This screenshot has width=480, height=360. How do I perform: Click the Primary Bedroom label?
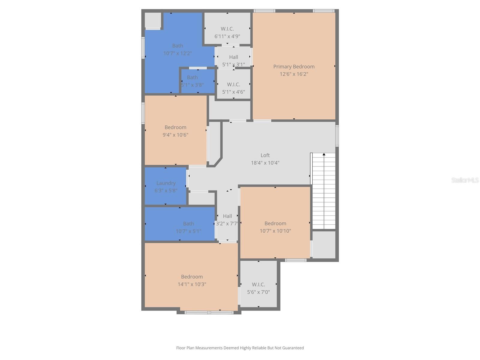[x=294, y=67]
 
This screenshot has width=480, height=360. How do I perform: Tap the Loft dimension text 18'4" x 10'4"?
[x=265, y=163]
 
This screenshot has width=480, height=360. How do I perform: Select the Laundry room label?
[x=166, y=183]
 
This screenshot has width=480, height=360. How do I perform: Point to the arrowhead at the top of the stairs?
[x=324, y=154]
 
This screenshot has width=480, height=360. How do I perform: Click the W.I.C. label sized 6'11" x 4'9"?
[x=227, y=29]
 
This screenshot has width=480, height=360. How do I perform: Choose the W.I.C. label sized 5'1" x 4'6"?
[x=233, y=85]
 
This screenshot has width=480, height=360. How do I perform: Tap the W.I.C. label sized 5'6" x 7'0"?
[x=258, y=284]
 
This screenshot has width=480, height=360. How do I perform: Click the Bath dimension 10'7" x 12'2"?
[x=177, y=53]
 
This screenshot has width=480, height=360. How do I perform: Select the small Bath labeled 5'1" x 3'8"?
[x=192, y=77]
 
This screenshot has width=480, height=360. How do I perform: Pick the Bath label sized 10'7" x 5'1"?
[x=188, y=224]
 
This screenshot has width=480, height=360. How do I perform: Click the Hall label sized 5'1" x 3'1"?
[x=233, y=57]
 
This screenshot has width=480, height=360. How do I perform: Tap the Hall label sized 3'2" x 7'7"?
[x=227, y=216]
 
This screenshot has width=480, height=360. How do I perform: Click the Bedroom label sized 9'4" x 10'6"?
[x=175, y=127]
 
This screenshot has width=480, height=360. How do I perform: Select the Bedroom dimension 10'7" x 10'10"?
[x=275, y=231]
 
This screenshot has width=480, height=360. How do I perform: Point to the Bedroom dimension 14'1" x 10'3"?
[x=192, y=284]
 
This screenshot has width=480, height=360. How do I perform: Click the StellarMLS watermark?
[x=465, y=180]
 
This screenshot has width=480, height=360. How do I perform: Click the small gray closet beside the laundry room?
[x=202, y=199]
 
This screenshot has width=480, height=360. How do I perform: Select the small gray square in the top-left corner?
[x=153, y=20]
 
